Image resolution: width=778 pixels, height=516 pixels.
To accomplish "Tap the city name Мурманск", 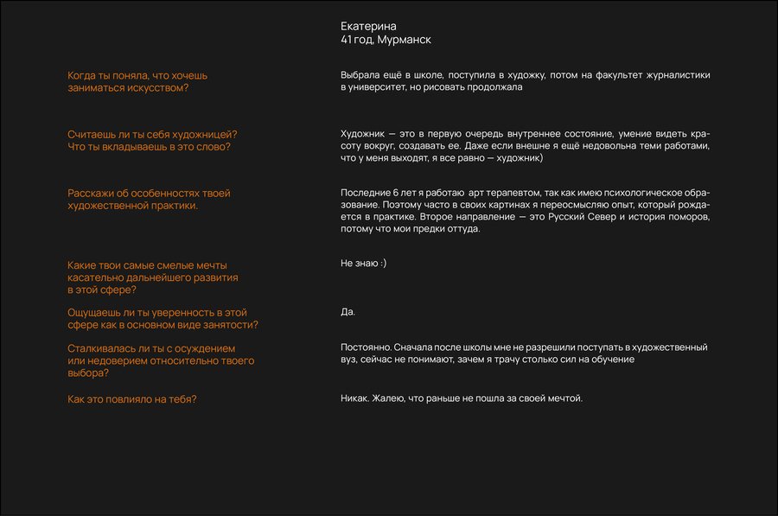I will (405, 40).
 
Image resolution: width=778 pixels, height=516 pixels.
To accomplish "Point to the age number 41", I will (347, 40).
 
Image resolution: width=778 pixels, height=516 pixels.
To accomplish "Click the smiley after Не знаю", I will (381, 263).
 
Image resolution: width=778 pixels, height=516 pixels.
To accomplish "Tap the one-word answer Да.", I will (348, 311).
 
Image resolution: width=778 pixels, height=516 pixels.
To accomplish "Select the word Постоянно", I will (365, 347).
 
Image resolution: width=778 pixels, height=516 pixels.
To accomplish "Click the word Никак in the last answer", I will (354, 398).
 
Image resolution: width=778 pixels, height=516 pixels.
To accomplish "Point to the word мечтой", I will (564, 398).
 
